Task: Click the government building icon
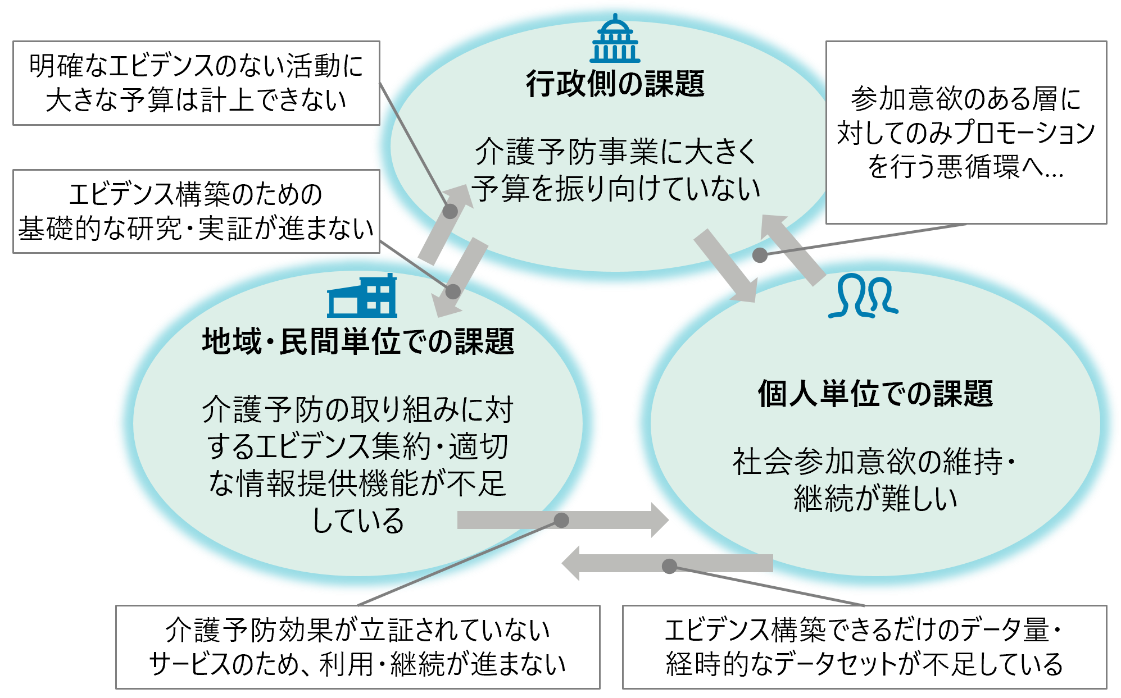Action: (x=615, y=39)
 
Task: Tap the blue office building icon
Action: (x=362, y=297)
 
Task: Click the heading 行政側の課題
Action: (x=615, y=84)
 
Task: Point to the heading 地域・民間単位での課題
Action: (x=358, y=341)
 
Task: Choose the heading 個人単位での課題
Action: (x=875, y=393)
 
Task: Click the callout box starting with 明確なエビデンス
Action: (x=196, y=83)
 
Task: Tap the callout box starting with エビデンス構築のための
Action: (x=196, y=211)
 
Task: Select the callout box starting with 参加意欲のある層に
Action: (x=966, y=133)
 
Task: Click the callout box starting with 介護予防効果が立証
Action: (x=357, y=647)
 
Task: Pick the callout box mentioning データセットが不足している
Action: (x=864, y=647)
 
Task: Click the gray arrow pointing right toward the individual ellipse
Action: (x=562, y=520)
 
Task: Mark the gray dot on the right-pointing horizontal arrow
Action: (x=561, y=520)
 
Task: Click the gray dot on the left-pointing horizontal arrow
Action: (x=669, y=566)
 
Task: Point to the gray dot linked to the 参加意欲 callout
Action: (x=760, y=255)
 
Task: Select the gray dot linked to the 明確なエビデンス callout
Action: (x=450, y=211)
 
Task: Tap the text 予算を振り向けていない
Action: (x=615, y=189)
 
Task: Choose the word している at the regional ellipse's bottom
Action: (x=358, y=520)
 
